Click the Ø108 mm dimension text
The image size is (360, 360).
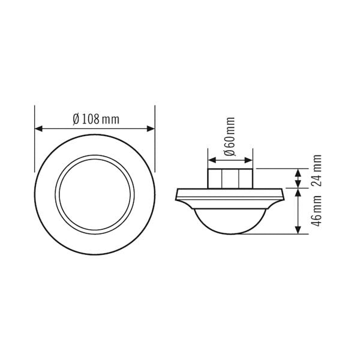click(x=95, y=119)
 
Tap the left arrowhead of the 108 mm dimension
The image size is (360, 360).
click(x=38, y=128)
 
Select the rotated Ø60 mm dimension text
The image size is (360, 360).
click(x=229, y=138)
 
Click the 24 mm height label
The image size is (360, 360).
click(x=317, y=171)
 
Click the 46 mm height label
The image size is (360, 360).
click(x=317, y=211)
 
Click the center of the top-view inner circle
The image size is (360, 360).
click(x=95, y=193)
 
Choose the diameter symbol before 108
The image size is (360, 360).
click(x=76, y=119)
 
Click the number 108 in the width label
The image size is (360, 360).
click(x=90, y=119)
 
